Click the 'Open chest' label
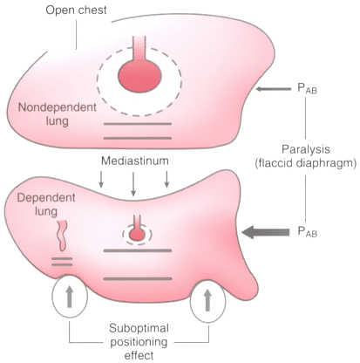(x=76, y=10)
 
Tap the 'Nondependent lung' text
(x=58, y=114)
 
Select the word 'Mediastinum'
(x=135, y=161)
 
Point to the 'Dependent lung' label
(x=46, y=204)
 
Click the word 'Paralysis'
(x=306, y=149)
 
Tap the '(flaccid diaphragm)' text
(x=306, y=163)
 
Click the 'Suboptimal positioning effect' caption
(x=139, y=342)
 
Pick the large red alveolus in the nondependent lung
(x=139, y=77)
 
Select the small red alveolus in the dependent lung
(x=137, y=234)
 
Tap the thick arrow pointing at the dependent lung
(x=265, y=232)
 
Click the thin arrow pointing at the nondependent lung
(x=273, y=89)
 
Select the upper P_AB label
(x=307, y=89)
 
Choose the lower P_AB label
(x=307, y=232)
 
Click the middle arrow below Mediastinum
(x=133, y=184)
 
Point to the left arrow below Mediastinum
(x=101, y=179)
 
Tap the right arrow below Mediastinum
(x=166, y=179)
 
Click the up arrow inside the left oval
(x=70, y=296)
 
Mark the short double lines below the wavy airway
(x=62, y=262)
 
